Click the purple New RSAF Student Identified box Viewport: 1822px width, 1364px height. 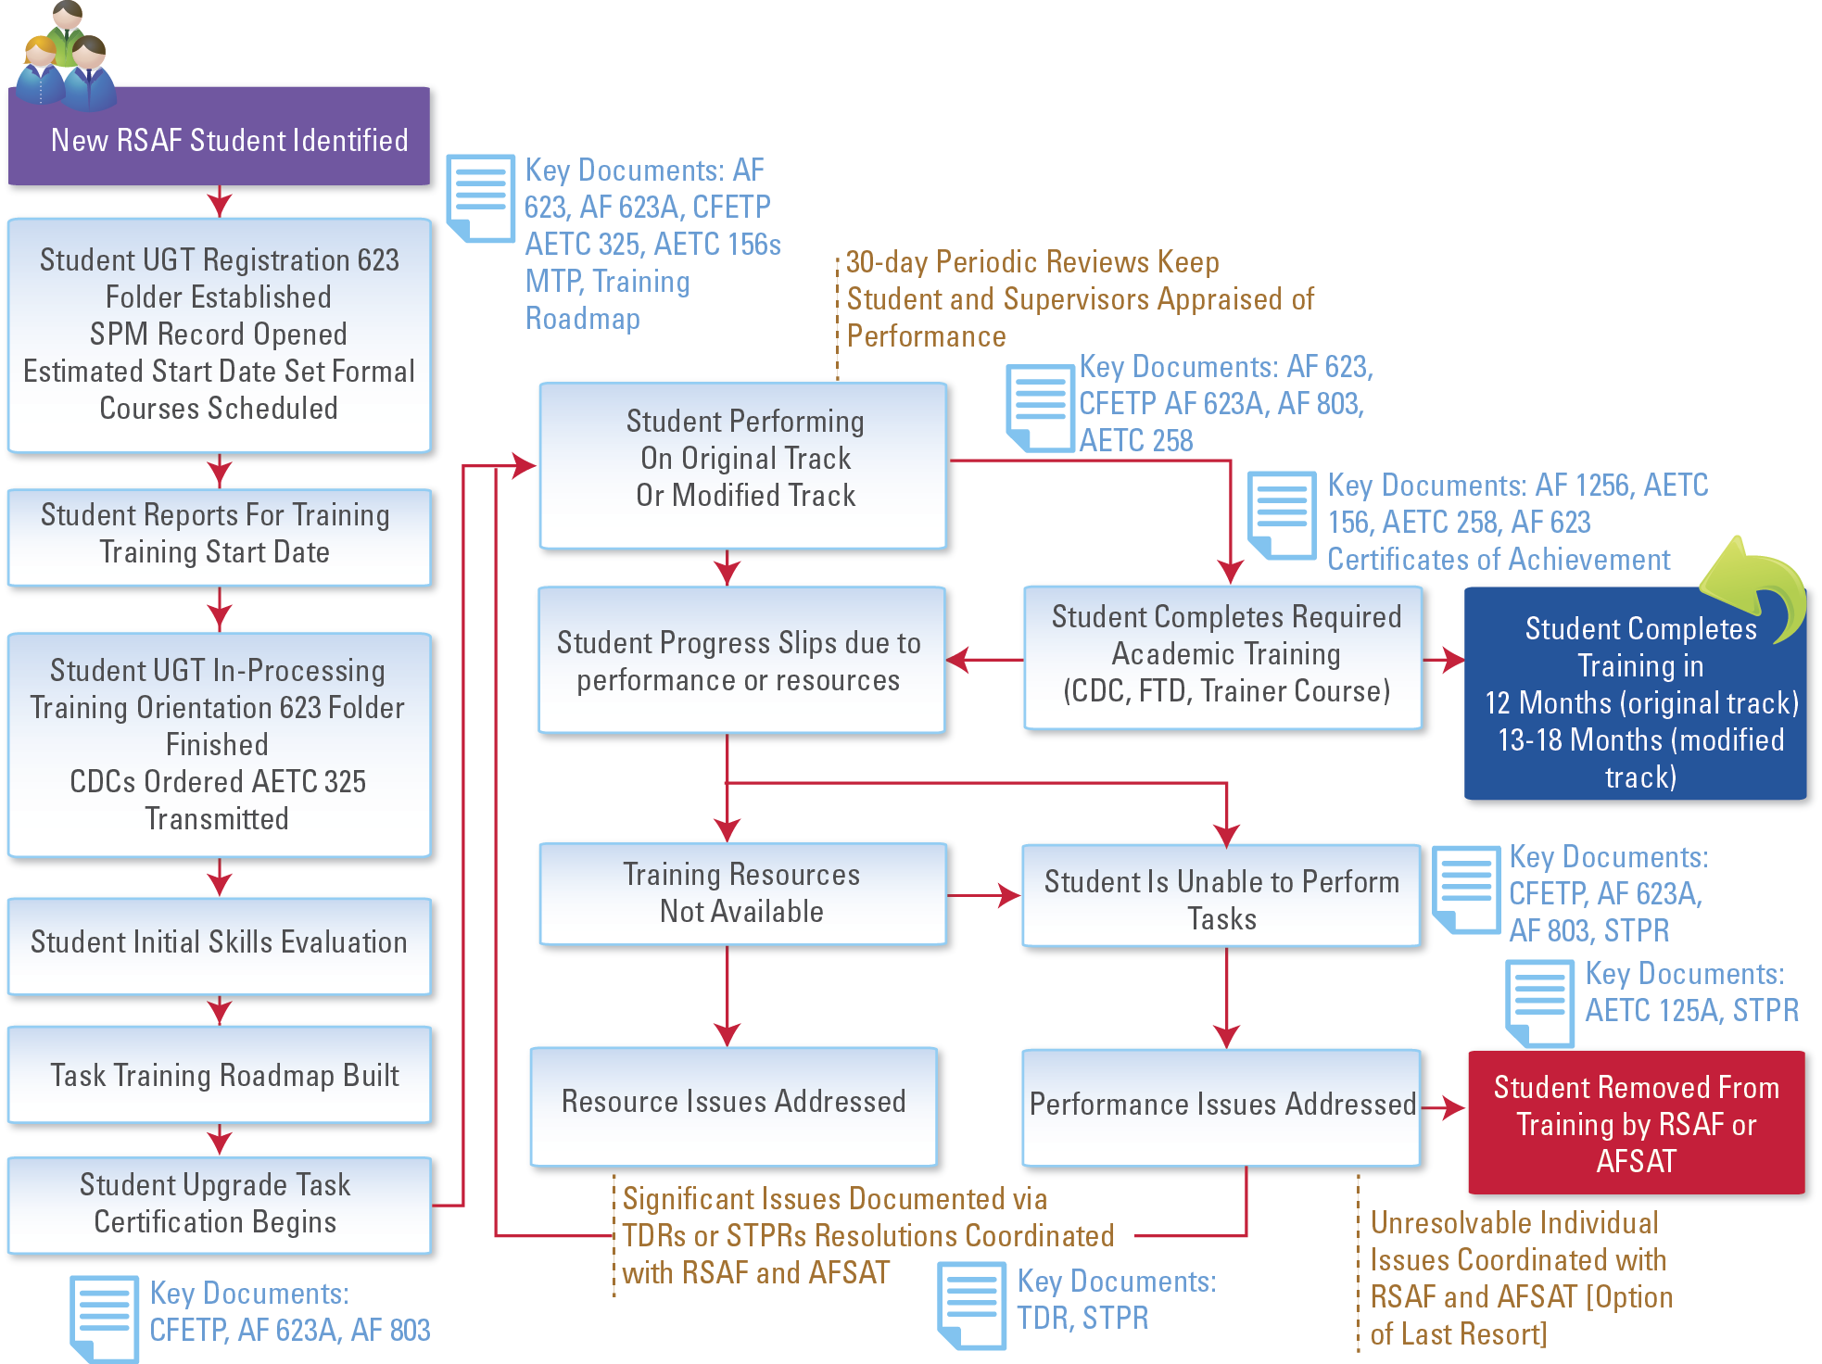coord(219,139)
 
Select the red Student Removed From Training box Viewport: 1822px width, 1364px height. coord(1636,1123)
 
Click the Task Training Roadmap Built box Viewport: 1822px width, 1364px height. coord(219,1075)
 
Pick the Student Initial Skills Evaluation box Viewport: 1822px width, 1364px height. coord(219,943)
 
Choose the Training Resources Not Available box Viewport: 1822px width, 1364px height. coord(741,893)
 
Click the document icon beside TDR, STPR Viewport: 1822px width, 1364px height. coord(971,1305)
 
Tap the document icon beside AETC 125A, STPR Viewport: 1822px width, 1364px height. coord(1539,1003)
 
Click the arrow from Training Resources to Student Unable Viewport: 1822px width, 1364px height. coord(984,895)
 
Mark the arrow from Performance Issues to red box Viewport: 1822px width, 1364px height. coord(1444,1107)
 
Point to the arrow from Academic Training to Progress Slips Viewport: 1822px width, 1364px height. coord(984,660)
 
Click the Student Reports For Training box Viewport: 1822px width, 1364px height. coord(219,535)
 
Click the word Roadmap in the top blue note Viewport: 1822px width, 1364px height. coord(583,319)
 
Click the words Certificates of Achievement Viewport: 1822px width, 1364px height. coord(1499,560)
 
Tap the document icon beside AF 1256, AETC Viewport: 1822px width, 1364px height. coord(1281,515)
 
